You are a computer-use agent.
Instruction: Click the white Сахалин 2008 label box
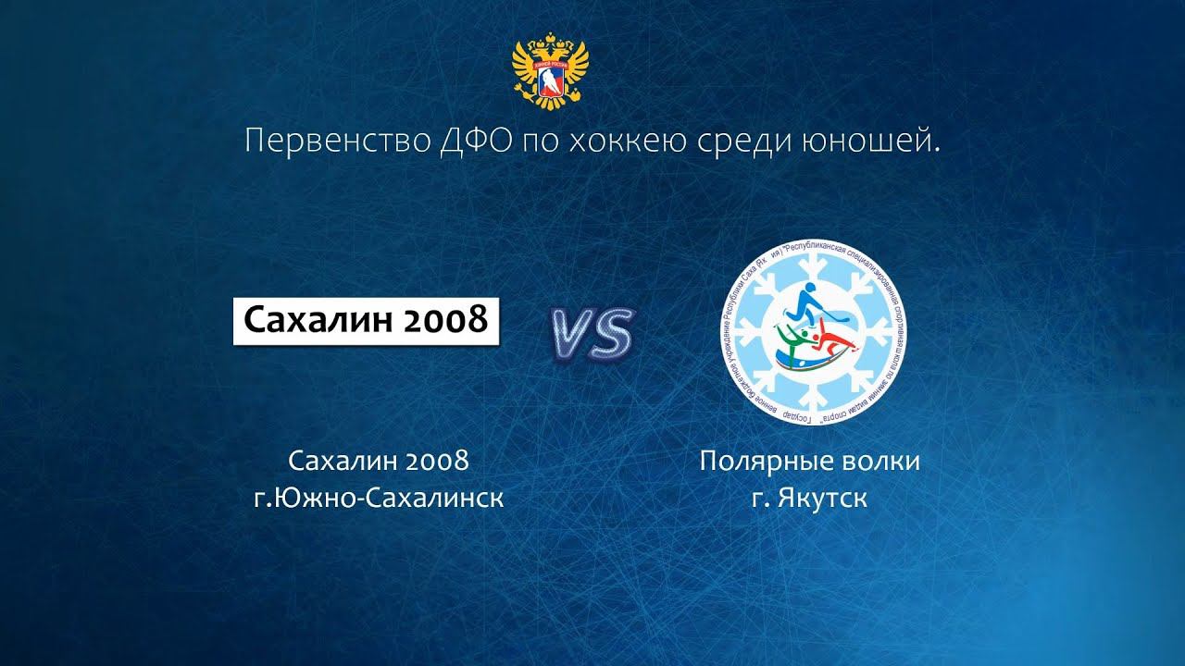click(x=366, y=320)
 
